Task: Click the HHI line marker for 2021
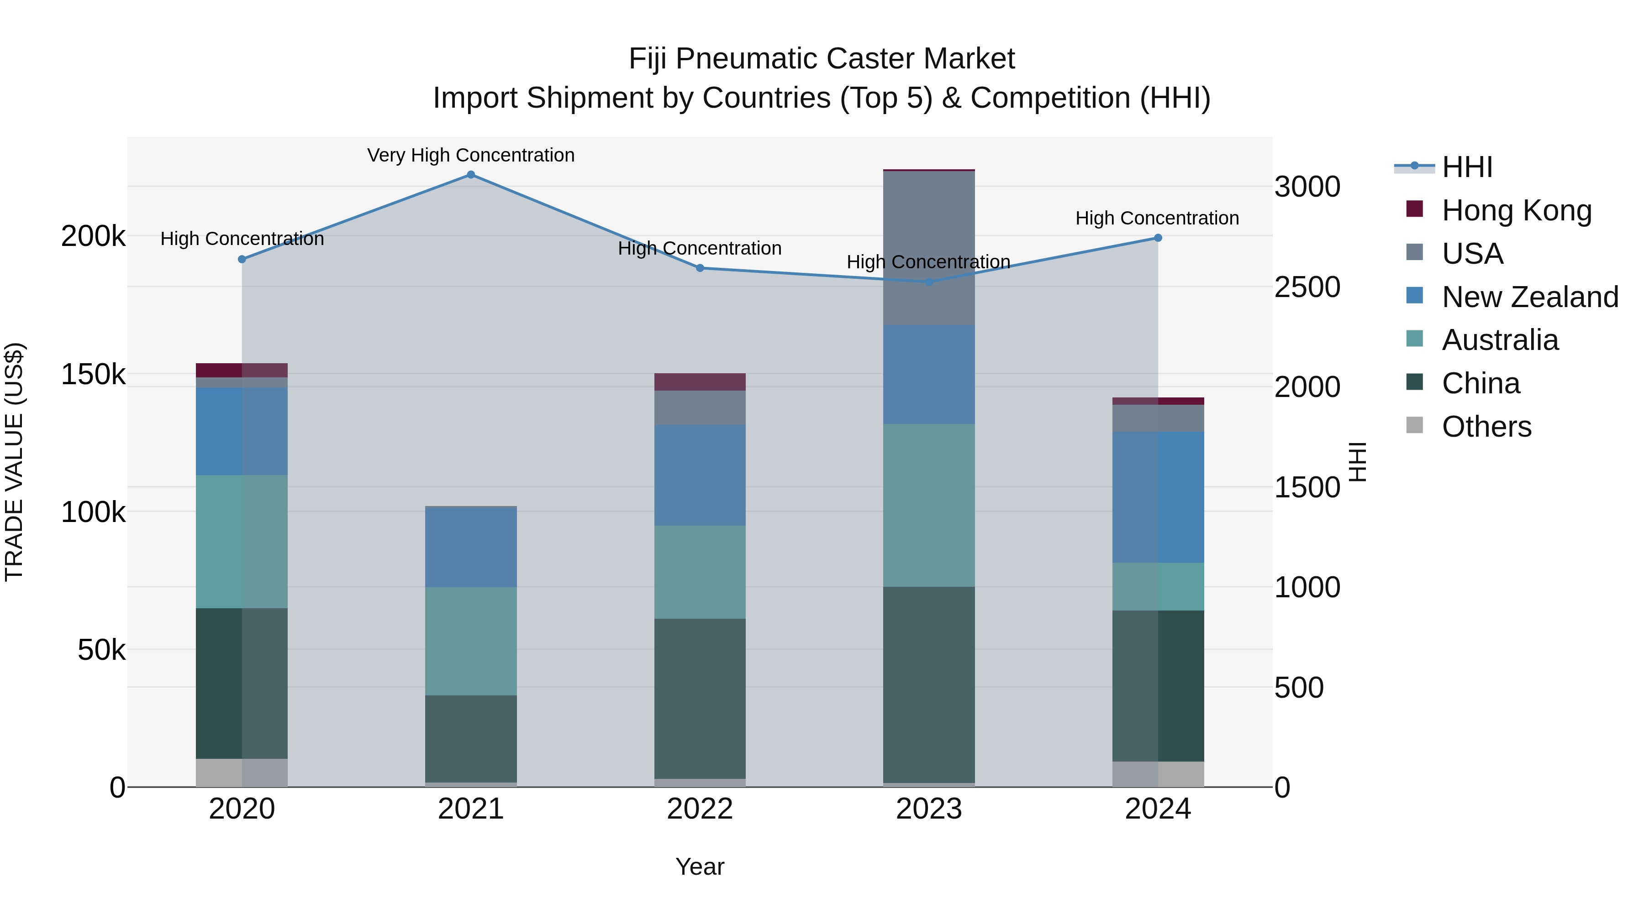[x=471, y=175]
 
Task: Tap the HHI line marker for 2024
[x=1158, y=238]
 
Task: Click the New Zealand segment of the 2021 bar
[x=471, y=547]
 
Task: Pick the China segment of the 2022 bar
[x=700, y=698]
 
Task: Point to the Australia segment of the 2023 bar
[x=928, y=505]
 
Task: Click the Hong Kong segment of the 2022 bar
[x=700, y=382]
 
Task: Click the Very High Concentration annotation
[x=471, y=156]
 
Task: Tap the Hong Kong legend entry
[x=1516, y=210]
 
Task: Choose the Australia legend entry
[x=1500, y=340]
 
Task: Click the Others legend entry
[x=1486, y=427]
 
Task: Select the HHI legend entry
[x=1466, y=167]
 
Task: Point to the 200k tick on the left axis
[x=93, y=236]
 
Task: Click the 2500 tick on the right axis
[x=1307, y=287]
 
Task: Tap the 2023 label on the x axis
[x=928, y=809]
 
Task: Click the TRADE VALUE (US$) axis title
[x=15, y=462]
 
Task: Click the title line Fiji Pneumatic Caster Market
[x=822, y=59]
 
